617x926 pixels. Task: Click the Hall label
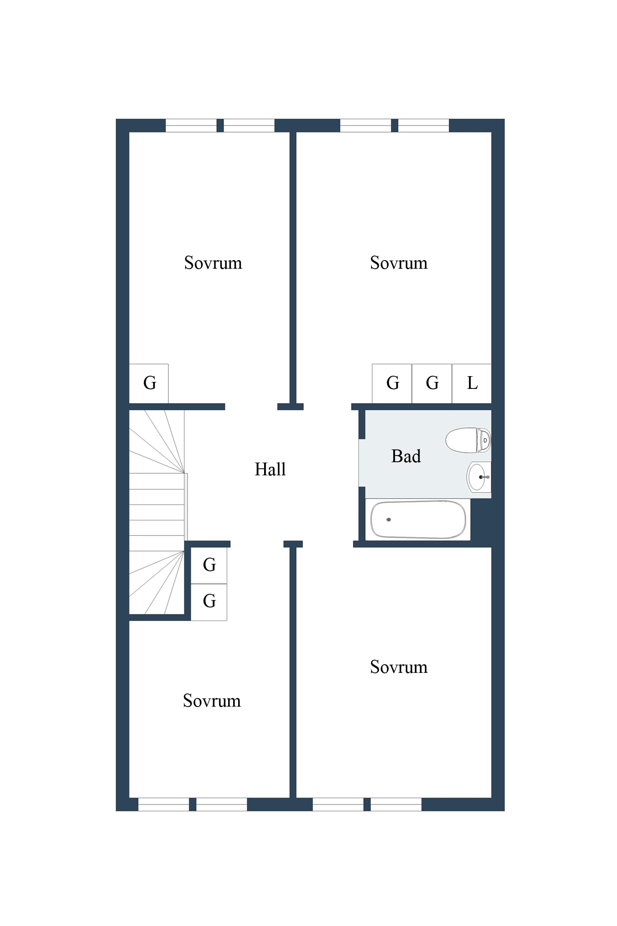tap(270, 469)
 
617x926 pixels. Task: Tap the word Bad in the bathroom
tap(406, 456)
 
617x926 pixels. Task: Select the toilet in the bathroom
tap(468, 440)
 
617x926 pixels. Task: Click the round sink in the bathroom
tap(479, 477)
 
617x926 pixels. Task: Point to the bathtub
tap(418, 519)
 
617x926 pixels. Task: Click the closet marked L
tap(472, 384)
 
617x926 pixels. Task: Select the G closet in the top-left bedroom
tap(149, 384)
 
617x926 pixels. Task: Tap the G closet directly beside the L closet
tap(432, 384)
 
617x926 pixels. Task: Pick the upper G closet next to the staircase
tap(209, 565)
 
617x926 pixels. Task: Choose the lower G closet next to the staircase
tap(209, 602)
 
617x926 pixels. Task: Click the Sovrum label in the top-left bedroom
tap(213, 263)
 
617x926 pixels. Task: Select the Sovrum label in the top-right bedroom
tap(399, 263)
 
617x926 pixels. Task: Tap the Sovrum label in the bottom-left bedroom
tap(212, 701)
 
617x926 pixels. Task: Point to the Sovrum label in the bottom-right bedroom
tap(399, 667)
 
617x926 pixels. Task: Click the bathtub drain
tap(389, 519)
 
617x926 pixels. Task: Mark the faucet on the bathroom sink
tap(484, 477)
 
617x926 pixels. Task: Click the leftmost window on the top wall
tap(191, 126)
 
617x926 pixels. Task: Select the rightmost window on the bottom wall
tap(396, 804)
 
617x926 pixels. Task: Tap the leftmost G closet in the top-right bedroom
tap(392, 384)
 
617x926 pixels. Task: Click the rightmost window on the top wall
tap(424, 126)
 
